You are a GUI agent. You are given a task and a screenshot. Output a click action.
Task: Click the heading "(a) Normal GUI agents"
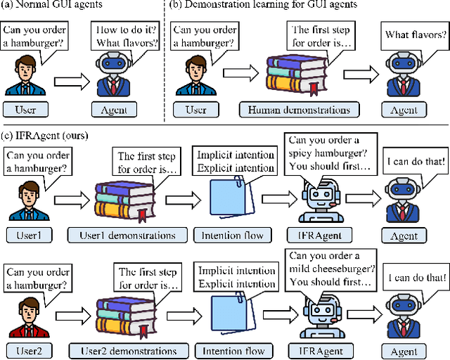pos(53,6)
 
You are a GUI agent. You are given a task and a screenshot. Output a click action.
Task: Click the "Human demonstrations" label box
pos(299,109)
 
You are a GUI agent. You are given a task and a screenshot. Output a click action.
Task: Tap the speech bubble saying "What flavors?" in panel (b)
pos(415,34)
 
